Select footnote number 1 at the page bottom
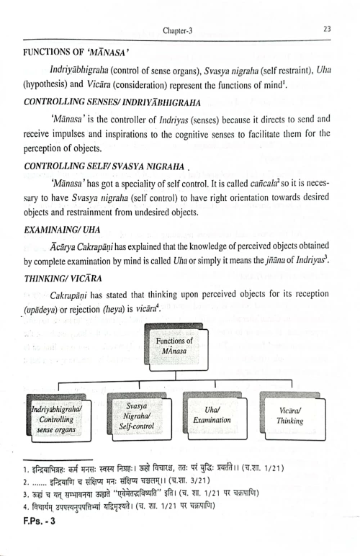(25, 470)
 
